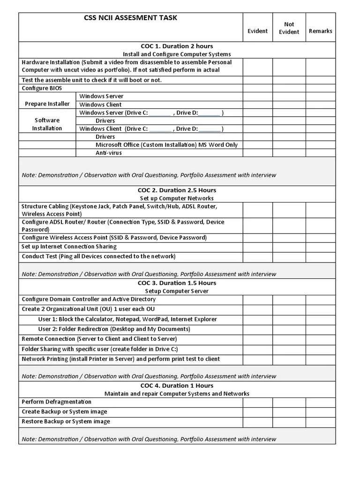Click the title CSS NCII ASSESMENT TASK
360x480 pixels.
click(x=130, y=18)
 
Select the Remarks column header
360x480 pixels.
click(x=321, y=31)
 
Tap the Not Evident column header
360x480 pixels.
click(x=289, y=28)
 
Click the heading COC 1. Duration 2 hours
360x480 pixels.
click(x=175, y=46)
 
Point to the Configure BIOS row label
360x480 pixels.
click(x=42, y=88)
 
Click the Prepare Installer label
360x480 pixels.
click(x=47, y=104)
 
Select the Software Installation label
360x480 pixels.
click(x=47, y=124)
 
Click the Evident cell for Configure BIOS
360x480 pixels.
click(x=258, y=88)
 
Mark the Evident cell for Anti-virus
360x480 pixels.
click(x=258, y=153)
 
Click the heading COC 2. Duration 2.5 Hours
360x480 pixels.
click(x=177, y=190)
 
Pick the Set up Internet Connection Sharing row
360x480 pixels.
click(x=69, y=247)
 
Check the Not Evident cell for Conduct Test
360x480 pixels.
click(x=289, y=256)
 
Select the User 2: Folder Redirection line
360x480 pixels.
click(x=114, y=329)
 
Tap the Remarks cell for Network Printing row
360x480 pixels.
click(x=321, y=360)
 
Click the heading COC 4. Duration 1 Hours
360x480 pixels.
click(x=177, y=386)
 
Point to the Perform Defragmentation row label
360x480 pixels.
click(x=57, y=402)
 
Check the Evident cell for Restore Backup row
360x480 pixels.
click(x=258, y=422)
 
